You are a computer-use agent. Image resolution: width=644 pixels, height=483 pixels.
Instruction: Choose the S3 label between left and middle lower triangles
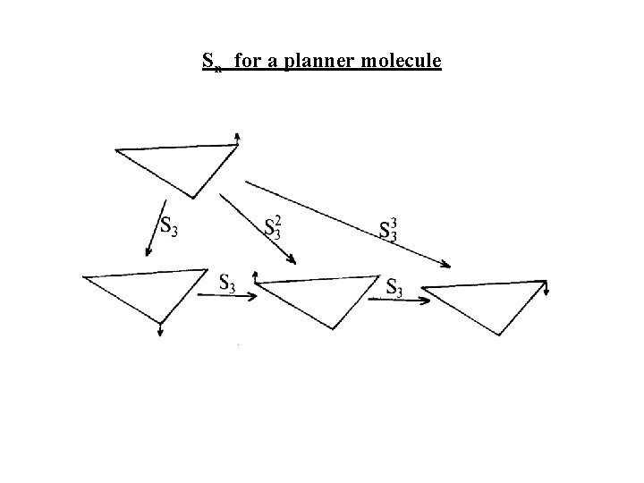point(227,283)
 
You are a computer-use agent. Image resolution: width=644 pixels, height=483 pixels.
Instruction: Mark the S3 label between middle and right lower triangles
point(394,287)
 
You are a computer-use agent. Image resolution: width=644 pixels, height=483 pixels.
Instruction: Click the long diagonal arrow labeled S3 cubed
point(347,224)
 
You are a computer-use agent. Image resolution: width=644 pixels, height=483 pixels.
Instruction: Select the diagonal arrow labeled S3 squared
point(258,229)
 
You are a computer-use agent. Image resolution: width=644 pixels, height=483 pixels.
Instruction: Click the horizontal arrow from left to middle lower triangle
point(227,298)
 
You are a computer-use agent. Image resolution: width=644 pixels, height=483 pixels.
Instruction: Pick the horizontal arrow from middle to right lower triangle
point(399,301)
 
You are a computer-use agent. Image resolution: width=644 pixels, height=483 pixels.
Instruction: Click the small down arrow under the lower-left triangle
point(160,328)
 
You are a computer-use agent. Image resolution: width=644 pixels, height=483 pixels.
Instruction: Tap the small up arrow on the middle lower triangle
point(256,275)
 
